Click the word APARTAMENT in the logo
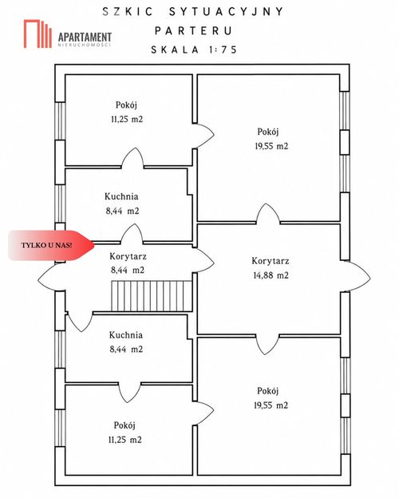point(85,37)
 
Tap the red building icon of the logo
point(38,34)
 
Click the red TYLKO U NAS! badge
point(51,246)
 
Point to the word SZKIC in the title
point(128,12)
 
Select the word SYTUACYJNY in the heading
point(226,12)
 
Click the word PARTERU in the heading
point(194,31)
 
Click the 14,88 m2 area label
point(271,275)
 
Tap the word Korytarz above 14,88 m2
point(271,261)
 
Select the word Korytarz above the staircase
point(128,256)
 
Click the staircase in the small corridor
point(152,295)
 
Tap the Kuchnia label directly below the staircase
point(126,334)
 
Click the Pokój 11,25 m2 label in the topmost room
point(126,112)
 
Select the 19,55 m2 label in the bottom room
point(271,405)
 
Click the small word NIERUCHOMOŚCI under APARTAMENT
point(85,45)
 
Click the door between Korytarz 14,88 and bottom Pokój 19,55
point(267,344)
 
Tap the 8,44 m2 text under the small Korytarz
point(128,271)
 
